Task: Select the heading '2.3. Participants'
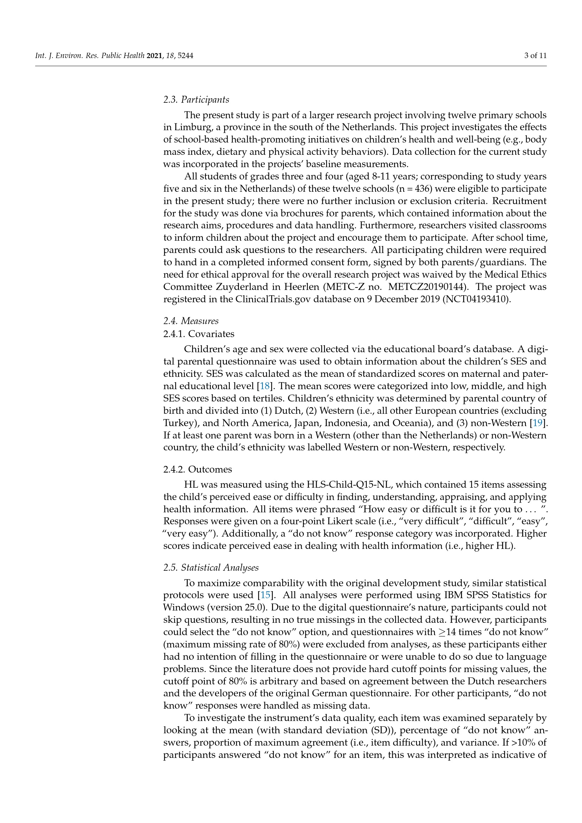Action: [x=196, y=99]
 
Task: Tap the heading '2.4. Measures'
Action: [x=191, y=321]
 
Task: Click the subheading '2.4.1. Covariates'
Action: [x=198, y=334]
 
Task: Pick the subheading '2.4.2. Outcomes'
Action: [x=197, y=469]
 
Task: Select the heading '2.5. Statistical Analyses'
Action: [x=211, y=568]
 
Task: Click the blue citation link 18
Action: [x=265, y=386]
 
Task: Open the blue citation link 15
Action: [x=265, y=595]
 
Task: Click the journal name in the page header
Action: [x=90, y=56]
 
